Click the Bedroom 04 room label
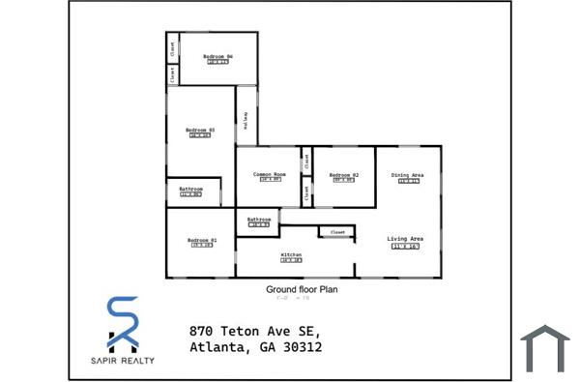[217, 57]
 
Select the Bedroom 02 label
[345, 174]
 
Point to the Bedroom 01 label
[201, 240]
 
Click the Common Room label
[269, 174]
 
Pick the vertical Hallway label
[246, 119]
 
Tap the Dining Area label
[407, 175]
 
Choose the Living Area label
[405, 238]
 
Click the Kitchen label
[291, 255]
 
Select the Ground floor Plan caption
[301, 288]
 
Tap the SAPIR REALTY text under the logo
[123, 360]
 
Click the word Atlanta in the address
[219, 347]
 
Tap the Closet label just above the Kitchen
[338, 232]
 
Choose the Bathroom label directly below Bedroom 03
[190, 189]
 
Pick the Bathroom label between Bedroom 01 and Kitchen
[258, 220]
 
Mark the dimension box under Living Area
[405, 248]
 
